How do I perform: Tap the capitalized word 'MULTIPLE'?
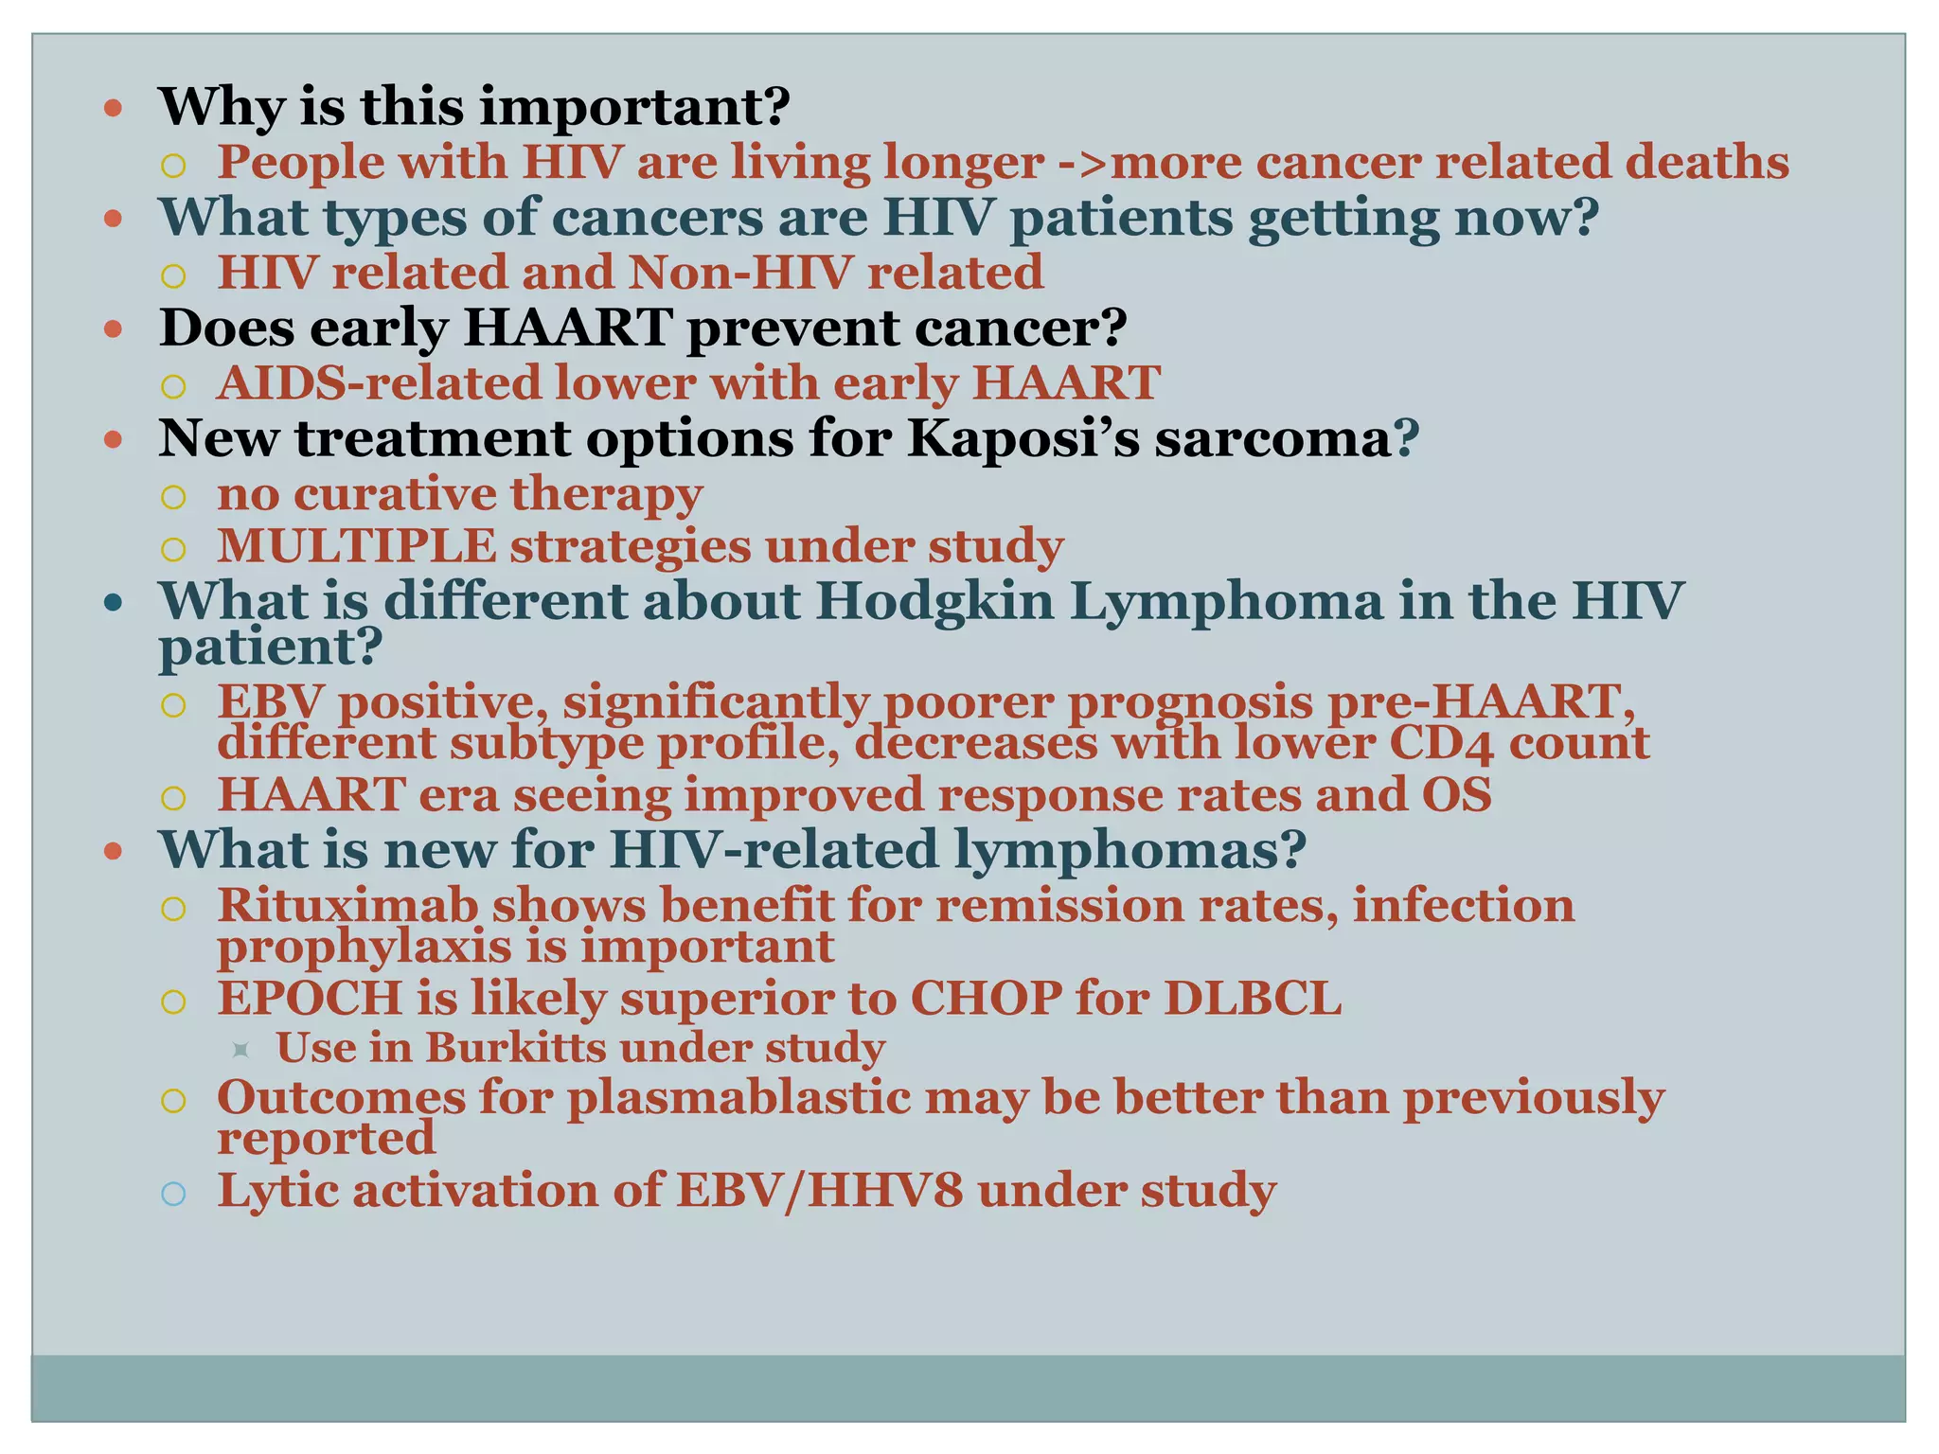(x=356, y=547)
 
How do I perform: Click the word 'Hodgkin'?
(x=934, y=601)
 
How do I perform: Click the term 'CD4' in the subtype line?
(x=1441, y=743)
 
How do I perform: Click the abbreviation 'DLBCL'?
(x=1252, y=998)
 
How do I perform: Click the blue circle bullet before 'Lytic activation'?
(x=173, y=1193)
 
